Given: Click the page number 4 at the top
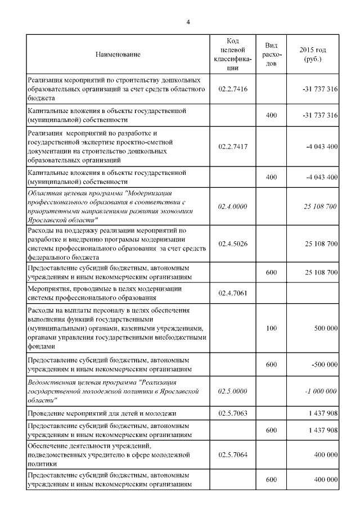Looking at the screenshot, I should pyautogui.click(x=188, y=22).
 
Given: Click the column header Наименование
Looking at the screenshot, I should pyautogui.click(x=118, y=55).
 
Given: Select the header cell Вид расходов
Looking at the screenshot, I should pyautogui.click(x=271, y=55).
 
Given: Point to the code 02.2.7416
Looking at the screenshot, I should pyautogui.click(x=233, y=89).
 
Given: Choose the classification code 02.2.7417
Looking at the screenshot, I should pyautogui.click(x=233, y=146).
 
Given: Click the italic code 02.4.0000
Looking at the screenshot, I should pyautogui.click(x=233, y=206).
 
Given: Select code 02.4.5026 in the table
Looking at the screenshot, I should pyautogui.click(x=233, y=244).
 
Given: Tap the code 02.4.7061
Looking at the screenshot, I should pyautogui.click(x=233, y=293).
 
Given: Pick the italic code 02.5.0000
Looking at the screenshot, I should pyautogui.click(x=233, y=391).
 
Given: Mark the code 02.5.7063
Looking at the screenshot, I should pyautogui.click(x=233, y=413).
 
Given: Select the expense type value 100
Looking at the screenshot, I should pyautogui.click(x=271, y=328).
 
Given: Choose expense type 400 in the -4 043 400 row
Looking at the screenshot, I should pyautogui.click(x=271, y=177).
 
